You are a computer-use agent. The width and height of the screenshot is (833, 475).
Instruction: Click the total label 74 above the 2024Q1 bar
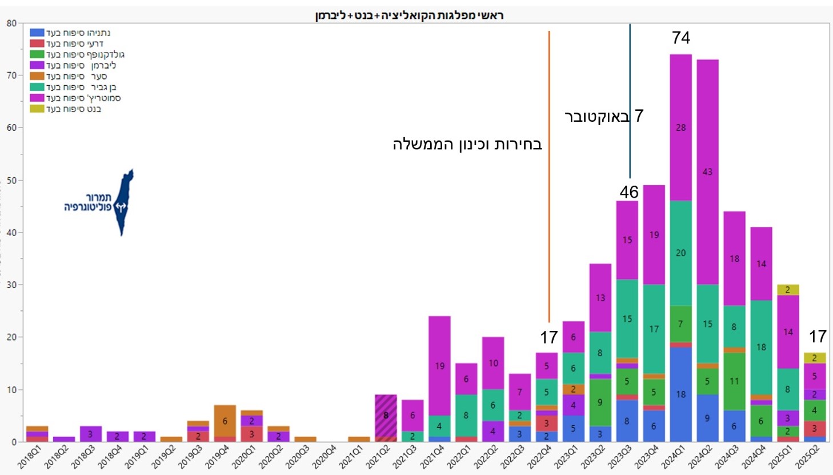pos(680,38)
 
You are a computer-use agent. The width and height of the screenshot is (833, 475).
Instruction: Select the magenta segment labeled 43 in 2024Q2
pos(707,172)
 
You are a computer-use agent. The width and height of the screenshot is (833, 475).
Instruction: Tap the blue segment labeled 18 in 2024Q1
pos(680,394)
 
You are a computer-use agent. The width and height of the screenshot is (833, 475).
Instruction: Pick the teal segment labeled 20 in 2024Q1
pos(680,253)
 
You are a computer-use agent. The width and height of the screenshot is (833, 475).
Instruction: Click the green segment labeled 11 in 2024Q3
pos(734,381)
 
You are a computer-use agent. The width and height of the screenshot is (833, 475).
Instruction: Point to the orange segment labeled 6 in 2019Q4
pos(225,421)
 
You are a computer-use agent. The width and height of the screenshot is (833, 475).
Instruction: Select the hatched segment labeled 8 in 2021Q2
pos(386,416)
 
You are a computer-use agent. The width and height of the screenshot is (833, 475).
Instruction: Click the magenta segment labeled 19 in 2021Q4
pos(439,366)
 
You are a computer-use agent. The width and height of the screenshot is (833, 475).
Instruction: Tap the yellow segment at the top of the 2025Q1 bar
pos(788,290)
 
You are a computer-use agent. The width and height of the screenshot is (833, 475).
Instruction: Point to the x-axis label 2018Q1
pos(30,457)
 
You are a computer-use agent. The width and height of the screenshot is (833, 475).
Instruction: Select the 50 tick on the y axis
pos(11,180)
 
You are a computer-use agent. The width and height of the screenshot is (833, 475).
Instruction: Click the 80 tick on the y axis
pos(11,23)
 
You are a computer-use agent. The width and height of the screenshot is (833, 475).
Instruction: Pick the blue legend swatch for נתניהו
pos(37,33)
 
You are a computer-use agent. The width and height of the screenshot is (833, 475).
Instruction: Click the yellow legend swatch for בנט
pos(37,109)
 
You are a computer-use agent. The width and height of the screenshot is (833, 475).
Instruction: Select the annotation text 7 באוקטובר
pos(604,116)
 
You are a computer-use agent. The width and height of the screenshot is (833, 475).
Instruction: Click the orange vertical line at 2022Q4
pos(549,171)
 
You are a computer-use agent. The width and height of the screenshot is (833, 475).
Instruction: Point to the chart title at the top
pos(409,15)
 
